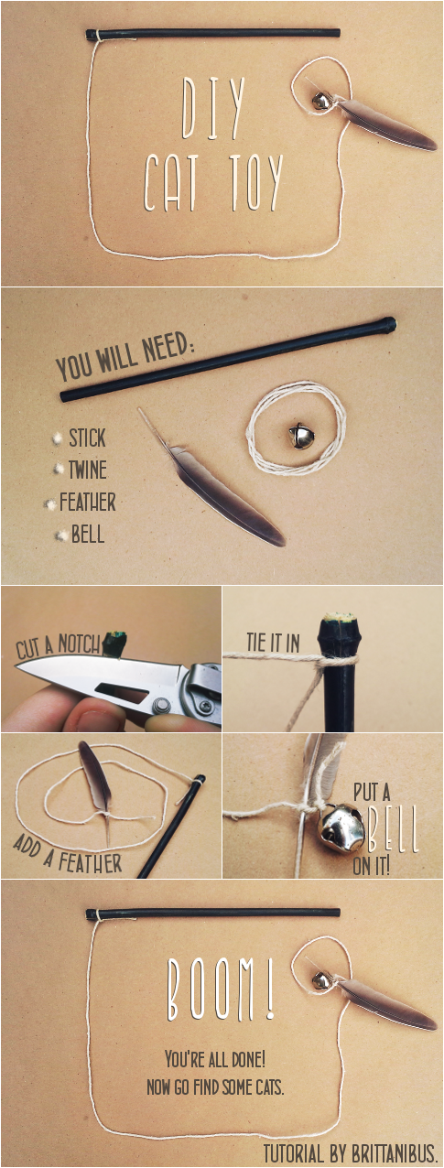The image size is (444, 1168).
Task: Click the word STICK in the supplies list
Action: (x=87, y=438)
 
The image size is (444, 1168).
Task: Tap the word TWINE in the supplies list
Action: (x=88, y=470)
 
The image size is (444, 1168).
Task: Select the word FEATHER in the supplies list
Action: (x=87, y=503)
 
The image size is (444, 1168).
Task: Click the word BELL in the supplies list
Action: (x=88, y=535)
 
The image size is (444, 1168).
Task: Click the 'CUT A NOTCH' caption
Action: (x=58, y=647)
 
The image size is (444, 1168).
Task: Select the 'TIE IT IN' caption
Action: (x=274, y=643)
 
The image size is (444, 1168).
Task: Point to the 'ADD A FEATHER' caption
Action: (x=68, y=854)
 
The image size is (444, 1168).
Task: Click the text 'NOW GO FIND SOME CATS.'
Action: (x=215, y=1087)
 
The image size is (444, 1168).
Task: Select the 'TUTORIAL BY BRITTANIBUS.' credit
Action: (x=350, y=1152)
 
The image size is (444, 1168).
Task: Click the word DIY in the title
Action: (x=213, y=109)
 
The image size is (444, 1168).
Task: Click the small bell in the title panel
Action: (x=320, y=100)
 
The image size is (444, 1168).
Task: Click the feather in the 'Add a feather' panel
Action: (x=96, y=782)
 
